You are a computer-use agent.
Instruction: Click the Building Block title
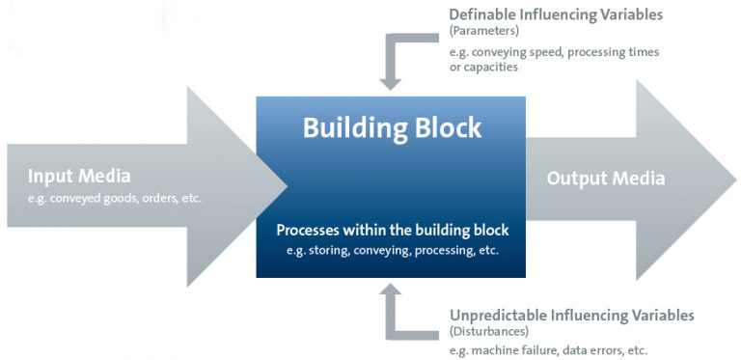pyautogui.click(x=392, y=127)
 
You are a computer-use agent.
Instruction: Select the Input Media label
pyautogui.click(x=79, y=177)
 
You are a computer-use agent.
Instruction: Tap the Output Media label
pyautogui.click(x=606, y=179)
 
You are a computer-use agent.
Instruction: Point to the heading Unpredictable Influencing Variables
pyautogui.click(x=572, y=316)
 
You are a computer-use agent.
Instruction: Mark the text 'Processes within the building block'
pyautogui.click(x=392, y=231)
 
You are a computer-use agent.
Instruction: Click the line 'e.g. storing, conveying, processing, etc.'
pyautogui.click(x=392, y=250)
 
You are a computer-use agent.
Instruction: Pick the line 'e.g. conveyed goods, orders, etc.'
pyautogui.click(x=115, y=198)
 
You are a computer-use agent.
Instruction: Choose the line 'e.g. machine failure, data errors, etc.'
pyautogui.click(x=548, y=349)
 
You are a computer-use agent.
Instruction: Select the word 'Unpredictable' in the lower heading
pyautogui.click(x=499, y=316)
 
